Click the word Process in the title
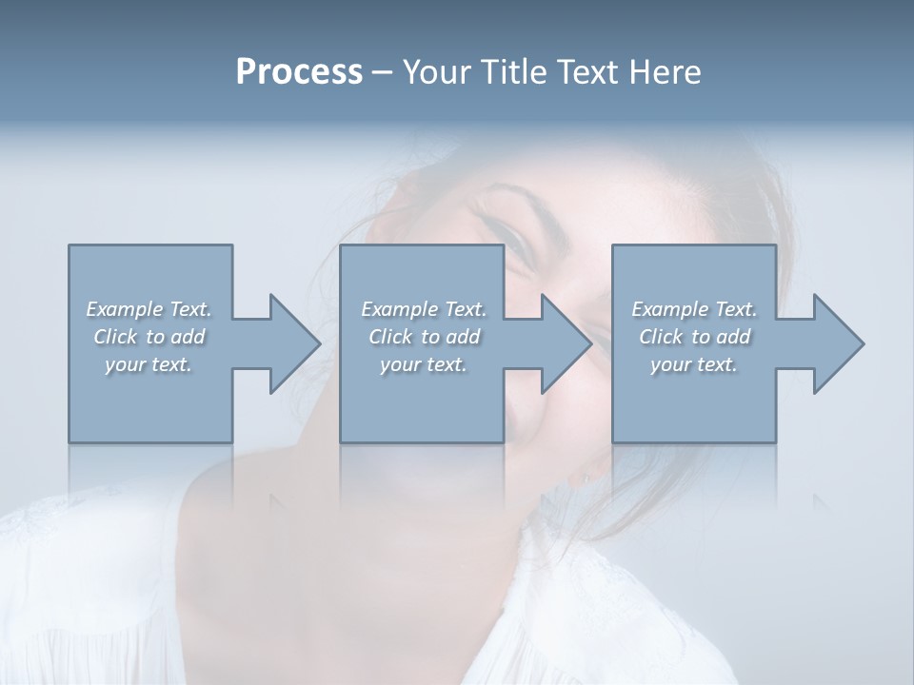coord(299,72)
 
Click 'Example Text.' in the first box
coord(149,309)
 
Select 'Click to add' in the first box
coord(149,337)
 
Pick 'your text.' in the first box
coord(149,364)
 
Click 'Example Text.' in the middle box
coord(424,309)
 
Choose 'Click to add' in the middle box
coord(424,337)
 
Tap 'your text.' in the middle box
coord(424,364)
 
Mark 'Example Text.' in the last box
coord(694,309)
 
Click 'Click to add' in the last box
coord(694,337)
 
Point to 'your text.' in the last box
coord(694,364)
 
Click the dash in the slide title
coord(383,73)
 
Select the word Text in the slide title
coord(582,72)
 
